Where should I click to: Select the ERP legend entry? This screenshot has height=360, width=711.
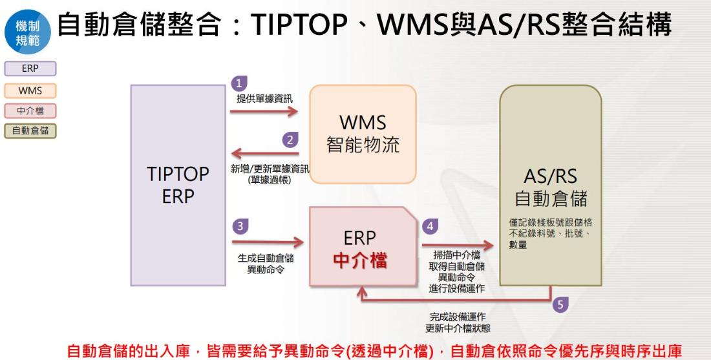coord(30,69)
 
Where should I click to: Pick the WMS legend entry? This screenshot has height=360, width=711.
coord(30,90)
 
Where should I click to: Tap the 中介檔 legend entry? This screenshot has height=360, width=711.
coord(30,111)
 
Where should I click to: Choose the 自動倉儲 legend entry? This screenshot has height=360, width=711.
coord(30,131)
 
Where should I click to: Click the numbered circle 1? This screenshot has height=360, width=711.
coord(239,83)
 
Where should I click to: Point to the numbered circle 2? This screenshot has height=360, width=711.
coord(290,139)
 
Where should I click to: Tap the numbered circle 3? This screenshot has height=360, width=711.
coord(239,226)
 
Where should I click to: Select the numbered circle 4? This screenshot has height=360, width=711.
coord(429,226)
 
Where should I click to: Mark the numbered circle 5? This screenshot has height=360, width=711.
coord(560,304)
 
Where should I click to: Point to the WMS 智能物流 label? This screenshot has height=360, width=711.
coord(363,133)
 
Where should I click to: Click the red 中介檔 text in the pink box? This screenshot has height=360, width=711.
coord(360,260)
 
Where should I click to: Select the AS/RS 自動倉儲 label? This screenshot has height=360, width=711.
coord(551,187)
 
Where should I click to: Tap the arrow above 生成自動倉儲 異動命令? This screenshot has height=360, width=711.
coord(267,243)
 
